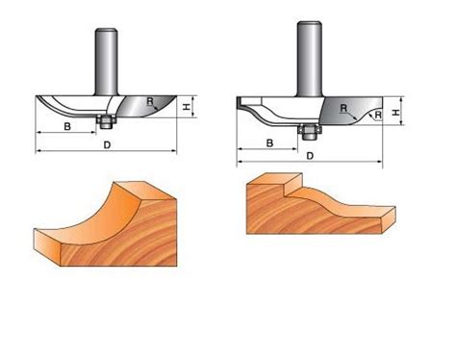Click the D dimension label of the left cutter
pos(107,145)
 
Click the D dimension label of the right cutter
pos(310,156)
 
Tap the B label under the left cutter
pos(67,126)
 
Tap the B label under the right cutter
pos(269,143)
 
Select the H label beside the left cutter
pos(186,108)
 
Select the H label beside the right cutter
pos(396,113)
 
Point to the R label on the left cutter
pos(150,102)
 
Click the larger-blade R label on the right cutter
pos(343,108)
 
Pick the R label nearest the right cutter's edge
pos(378,115)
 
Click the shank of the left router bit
pos(107,62)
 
